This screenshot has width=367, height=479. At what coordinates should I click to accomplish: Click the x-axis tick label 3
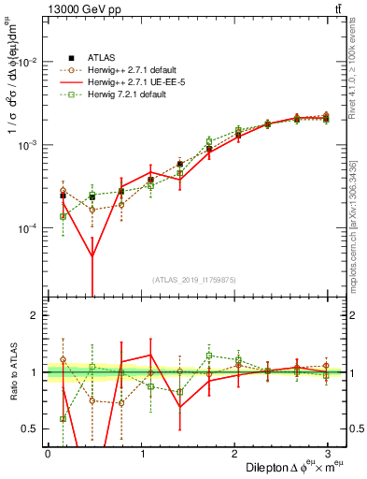[328, 453]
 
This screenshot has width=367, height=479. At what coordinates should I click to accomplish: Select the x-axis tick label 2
[234, 453]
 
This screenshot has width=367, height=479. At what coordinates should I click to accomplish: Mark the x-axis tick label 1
[141, 453]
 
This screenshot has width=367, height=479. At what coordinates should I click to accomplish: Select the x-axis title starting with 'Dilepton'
[290, 467]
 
